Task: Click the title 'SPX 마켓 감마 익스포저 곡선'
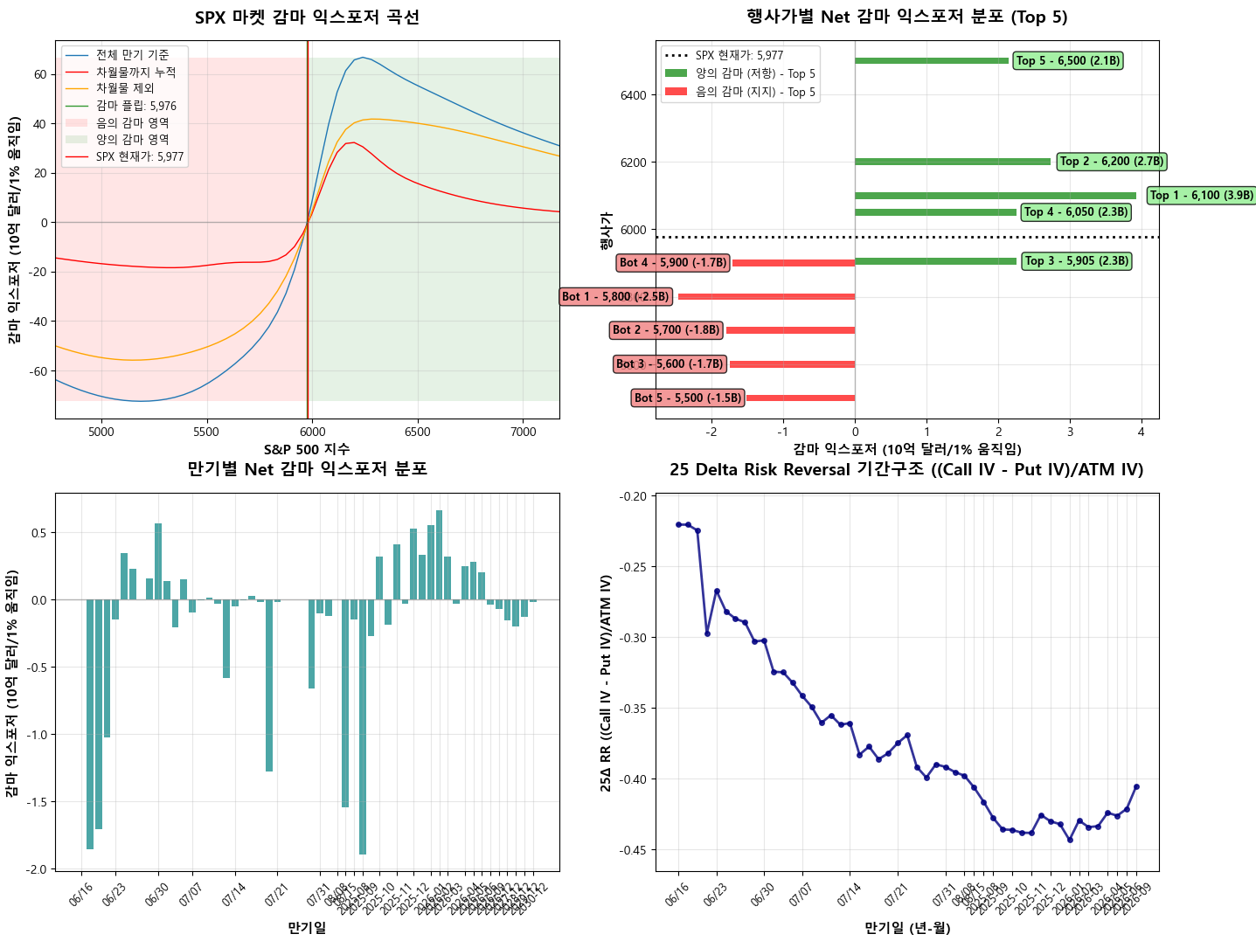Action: (x=307, y=17)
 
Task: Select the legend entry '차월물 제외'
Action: (x=125, y=88)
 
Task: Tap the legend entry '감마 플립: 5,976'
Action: (x=135, y=106)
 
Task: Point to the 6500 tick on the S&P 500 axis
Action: (x=418, y=432)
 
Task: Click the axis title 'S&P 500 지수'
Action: (x=307, y=449)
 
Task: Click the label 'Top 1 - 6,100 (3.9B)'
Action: (x=1200, y=196)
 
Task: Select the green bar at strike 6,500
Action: (x=931, y=61)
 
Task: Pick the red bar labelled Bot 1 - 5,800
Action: (x=767, y=297)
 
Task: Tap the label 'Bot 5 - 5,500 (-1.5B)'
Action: (x=688, y=398)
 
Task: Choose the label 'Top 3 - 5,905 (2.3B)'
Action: (x=1076, y=261)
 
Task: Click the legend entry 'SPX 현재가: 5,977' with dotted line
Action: (x=739, y=55)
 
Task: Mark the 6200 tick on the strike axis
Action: (x=633, y=163)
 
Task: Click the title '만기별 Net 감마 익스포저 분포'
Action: (x=307, y=469)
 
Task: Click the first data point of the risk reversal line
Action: (x=678, y=524)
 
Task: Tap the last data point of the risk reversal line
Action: (x=1136, y=786)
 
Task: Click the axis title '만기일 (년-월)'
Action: (x=906, y=928)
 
